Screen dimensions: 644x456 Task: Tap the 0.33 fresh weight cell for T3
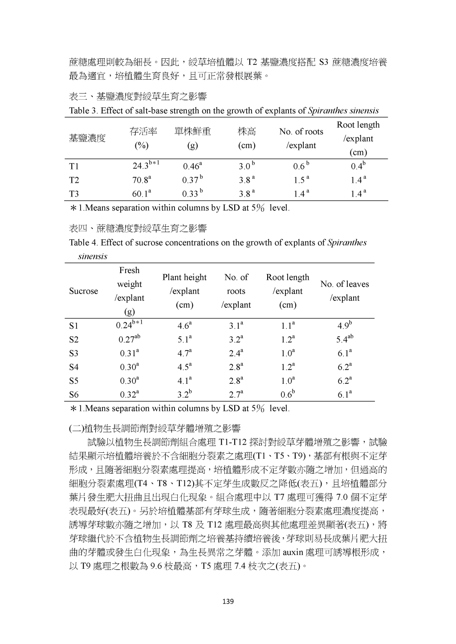click(191, 194)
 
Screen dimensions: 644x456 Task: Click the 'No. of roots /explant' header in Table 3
click(301, 138)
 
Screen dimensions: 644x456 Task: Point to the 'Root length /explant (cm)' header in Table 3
click(358, 138)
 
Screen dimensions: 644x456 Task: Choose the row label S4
click(74, 367)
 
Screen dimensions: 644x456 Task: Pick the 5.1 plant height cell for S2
click(184, 340)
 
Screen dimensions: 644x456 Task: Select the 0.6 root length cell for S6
click(287, 394)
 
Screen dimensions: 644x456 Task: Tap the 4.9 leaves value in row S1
click(344, 326)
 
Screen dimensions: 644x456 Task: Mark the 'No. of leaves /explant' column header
click(345, 291)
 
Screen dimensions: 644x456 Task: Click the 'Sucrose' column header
click(83, 291)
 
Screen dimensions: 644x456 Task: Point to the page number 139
click(228, 602)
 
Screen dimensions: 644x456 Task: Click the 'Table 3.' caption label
click(83, 111)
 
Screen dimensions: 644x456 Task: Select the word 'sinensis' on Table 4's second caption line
click(93, 256)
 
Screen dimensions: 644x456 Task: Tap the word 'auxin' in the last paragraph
click(293, 553)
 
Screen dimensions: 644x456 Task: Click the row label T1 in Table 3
click(74, 166)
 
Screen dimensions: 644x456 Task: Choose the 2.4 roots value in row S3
click(236, 354)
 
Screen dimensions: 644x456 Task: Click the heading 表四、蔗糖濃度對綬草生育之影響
click(138, 229)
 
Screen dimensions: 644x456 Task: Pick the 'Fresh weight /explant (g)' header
click(129, 291)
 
